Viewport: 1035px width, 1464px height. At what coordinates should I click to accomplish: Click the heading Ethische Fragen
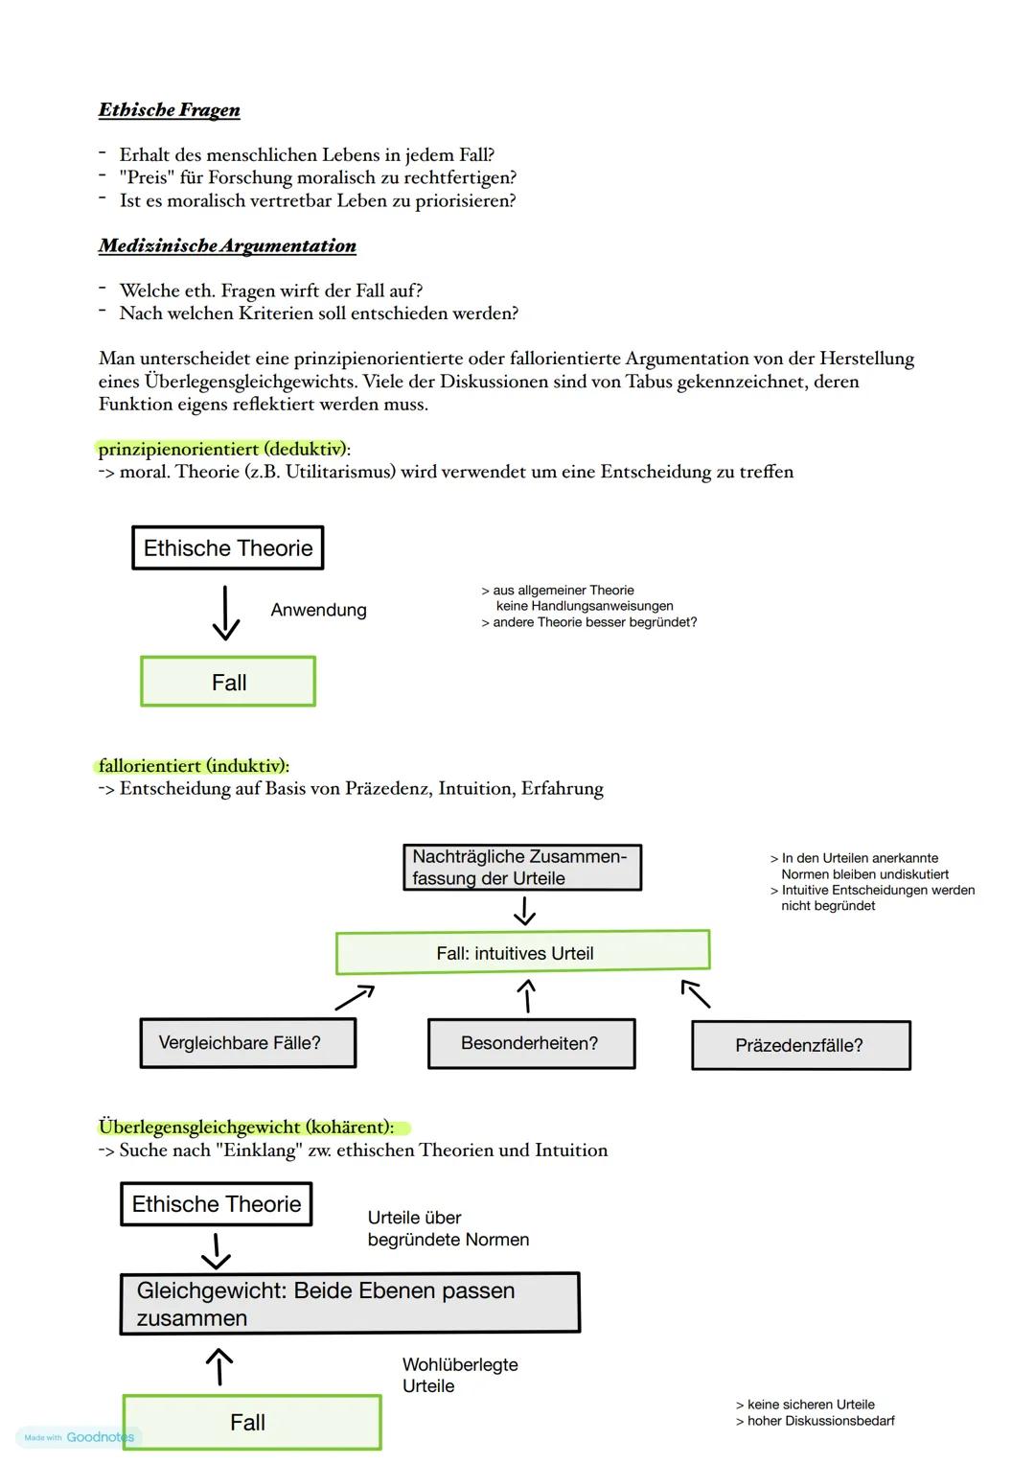pos(169,110)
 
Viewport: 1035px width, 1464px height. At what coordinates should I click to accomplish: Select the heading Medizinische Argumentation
pos(227,246)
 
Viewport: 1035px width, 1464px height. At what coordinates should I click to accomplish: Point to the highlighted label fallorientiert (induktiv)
pos(194,766)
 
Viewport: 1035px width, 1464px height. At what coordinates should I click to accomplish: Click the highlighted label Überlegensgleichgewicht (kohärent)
pos(247,1127)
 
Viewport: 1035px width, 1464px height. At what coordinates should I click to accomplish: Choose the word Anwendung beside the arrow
pos(318,611)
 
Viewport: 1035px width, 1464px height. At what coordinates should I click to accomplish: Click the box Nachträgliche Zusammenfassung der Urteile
pos(521,867)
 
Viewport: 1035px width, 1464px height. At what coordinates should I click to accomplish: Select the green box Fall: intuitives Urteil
pos(522,953)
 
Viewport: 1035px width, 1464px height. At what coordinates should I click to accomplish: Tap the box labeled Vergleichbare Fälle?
pos(247,1043)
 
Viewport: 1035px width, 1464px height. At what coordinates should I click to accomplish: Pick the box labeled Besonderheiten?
pos(531,1043)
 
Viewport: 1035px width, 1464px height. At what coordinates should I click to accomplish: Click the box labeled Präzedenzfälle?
pos(800,1045)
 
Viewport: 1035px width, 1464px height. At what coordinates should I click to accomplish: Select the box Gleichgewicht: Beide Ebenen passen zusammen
pos(350,1304)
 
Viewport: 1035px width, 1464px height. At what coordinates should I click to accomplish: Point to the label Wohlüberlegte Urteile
pos(459,1375)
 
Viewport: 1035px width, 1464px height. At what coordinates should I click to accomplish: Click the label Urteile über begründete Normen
pos(448,1229)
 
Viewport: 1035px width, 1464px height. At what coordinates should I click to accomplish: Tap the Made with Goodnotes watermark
pos(79,1437)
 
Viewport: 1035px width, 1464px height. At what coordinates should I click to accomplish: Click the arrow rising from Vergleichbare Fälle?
pos(354,997)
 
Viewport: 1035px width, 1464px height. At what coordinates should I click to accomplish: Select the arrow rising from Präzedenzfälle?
pos(696,994)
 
